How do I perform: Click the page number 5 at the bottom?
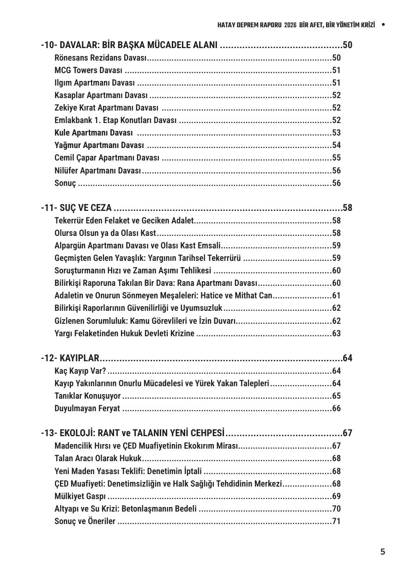click(x=382, y=551)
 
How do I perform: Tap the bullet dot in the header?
click(x=383, y=25)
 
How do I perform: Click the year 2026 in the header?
click(x=290, y=25)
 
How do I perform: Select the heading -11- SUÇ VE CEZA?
click(x=76, y=208)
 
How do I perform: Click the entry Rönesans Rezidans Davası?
click(x=100, y=58)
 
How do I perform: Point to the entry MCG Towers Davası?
click(x=88, y=70)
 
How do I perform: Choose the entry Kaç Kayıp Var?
click(x=80, y=371)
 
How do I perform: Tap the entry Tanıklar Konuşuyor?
click(x=87, y=396)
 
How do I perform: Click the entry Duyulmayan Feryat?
click(x=87, y=408)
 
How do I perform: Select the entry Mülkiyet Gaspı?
click(x=80, y=496)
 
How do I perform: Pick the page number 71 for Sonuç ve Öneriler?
click(x=336, y=521)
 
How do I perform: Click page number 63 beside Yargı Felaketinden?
click(x=336, y=333)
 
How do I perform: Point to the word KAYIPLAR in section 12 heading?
click(x=79, y=358)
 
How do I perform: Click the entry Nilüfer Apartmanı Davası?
click(x=97, y=171)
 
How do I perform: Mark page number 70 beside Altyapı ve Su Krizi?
click(x=336, y=509)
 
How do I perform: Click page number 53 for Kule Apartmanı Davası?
click(x=336, y=133)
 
